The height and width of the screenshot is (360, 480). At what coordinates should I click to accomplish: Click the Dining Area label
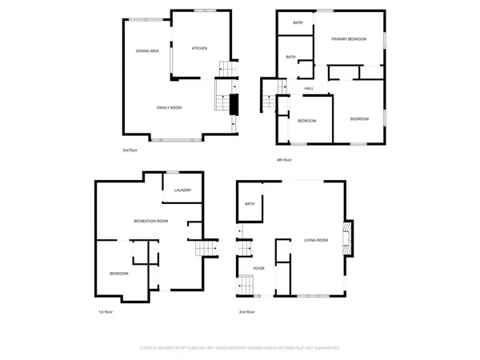click(147, 51)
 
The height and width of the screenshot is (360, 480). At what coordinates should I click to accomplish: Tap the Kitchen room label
click(199, 49)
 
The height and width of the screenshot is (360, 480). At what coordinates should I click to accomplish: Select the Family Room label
click(169, 107)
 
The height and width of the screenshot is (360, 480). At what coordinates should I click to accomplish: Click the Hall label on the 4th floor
click(309, 88)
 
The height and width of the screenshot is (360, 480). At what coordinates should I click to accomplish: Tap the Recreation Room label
click(150, 221)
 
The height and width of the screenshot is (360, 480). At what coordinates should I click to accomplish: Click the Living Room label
click(316, 239)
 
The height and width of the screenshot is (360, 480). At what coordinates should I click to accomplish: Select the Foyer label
click(258, 268)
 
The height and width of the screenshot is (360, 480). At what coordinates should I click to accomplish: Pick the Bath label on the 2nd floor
click(250, 205)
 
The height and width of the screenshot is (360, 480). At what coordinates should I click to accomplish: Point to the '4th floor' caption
click(284, 160)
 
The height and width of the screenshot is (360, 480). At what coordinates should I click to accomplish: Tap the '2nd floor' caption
click(247, 312)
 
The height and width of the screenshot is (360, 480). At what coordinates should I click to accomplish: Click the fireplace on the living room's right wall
click(347, 235)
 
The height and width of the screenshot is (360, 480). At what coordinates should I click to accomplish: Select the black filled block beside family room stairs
click(234, 104)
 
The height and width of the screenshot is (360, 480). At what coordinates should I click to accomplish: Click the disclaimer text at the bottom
click(240, 348)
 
